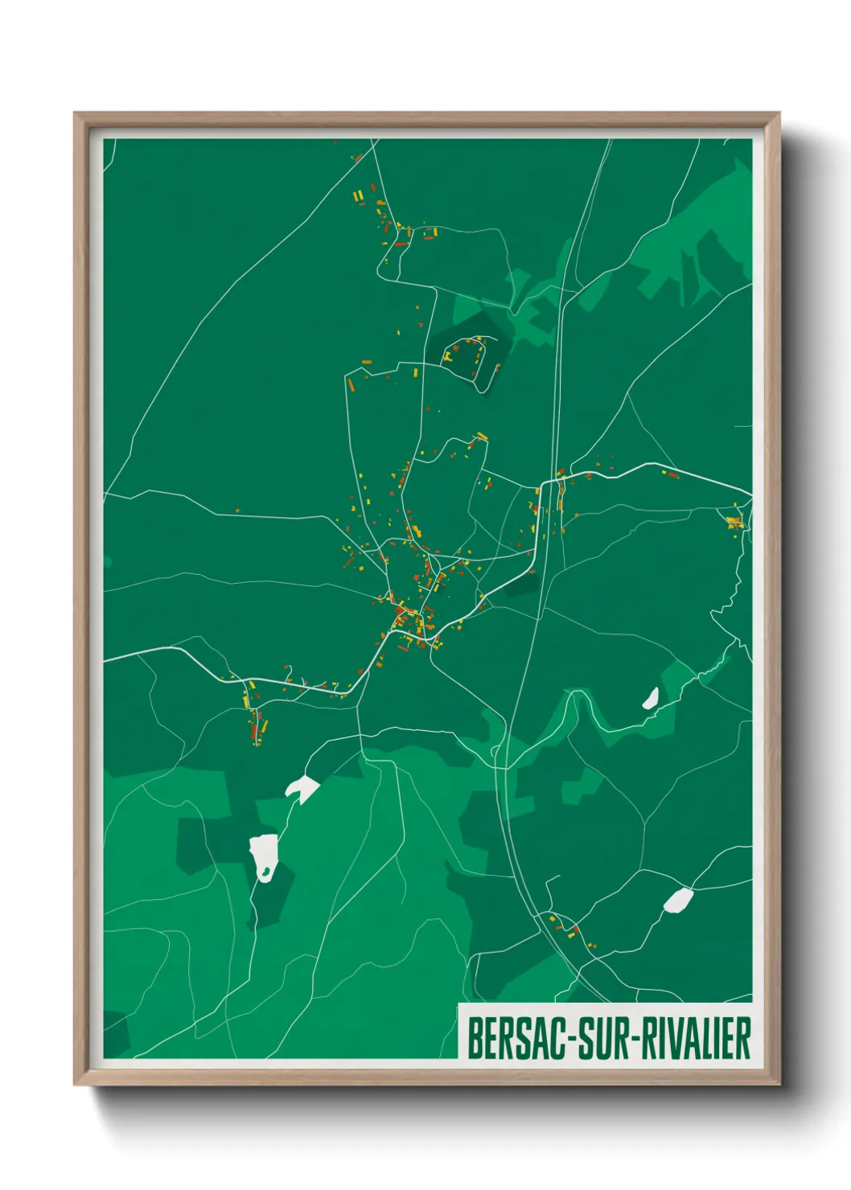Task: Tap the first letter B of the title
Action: (x=474, y=1039)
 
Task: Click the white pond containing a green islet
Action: (x=264, y=857)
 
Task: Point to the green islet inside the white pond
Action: (x=263, y=872)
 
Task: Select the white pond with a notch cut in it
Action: (x=302, y=789)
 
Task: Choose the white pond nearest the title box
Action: (x=677, y=901)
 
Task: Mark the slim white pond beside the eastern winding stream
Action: (x=650, y=699)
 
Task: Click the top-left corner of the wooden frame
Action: (x=76, y=114)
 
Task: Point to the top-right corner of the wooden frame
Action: (x=778, y=114)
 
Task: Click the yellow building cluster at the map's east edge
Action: (x=734, y=522)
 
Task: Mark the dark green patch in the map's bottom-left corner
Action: (x=115, y=1033)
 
